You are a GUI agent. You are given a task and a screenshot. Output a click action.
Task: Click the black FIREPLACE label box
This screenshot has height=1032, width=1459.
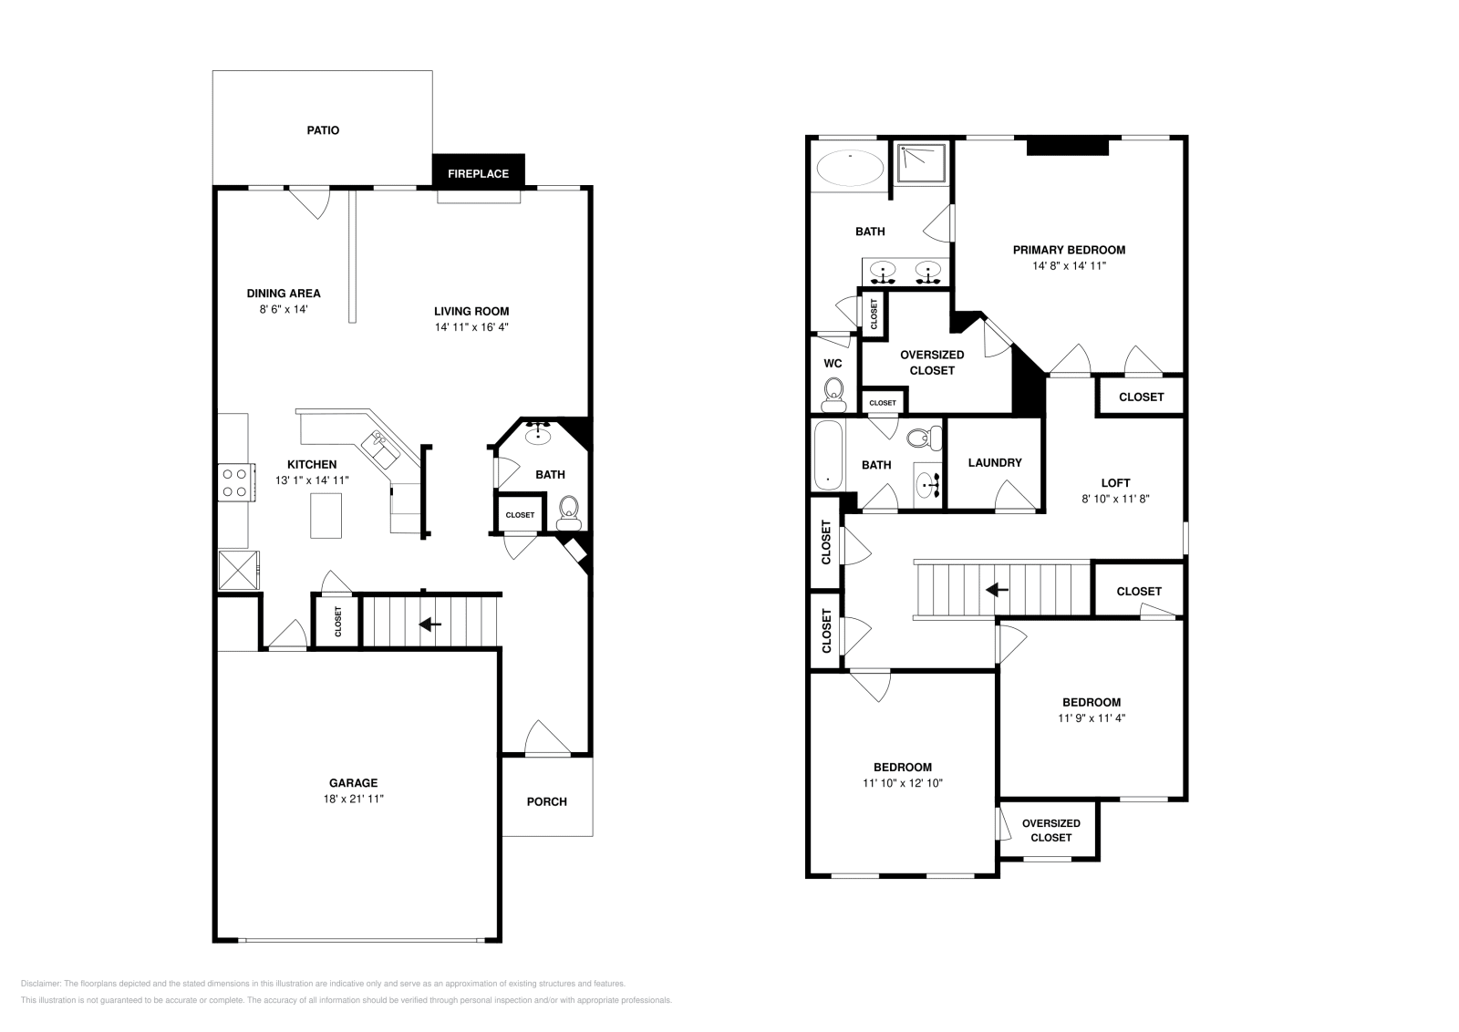point(478,173)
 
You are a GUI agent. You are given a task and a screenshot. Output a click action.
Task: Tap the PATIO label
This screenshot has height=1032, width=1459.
point(323,130)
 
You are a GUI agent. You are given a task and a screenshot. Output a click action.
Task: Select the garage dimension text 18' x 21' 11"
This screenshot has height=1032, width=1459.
point(353,799)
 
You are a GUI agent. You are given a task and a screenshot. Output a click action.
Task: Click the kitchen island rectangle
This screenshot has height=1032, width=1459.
point(326,515)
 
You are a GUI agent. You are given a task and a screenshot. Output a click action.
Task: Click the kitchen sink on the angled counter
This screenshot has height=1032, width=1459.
point(378,447)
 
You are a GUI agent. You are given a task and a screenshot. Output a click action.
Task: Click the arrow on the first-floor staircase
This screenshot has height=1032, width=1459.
point(429,624)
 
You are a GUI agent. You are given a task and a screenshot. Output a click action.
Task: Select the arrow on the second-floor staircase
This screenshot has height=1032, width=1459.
point(997,590)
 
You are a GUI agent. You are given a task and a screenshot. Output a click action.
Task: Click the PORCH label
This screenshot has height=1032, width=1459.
point(546,801)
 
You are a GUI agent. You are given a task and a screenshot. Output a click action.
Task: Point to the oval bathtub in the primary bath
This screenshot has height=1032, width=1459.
point(850,169)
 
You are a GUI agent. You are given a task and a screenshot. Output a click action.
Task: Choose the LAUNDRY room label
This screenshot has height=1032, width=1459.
point(995,462)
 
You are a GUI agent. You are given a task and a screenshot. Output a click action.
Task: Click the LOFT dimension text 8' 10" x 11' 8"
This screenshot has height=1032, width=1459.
point(1116,499)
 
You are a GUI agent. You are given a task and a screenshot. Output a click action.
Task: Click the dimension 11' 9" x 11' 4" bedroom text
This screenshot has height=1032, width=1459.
point(1091,717)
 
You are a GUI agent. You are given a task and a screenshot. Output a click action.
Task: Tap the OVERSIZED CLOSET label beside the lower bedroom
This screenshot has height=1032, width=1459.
point(1050,831)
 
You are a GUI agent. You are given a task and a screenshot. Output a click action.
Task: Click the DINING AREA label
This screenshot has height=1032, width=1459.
point(284,294)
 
